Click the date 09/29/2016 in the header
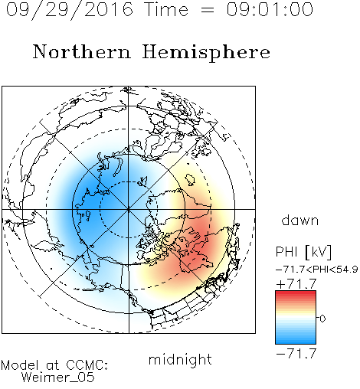(x=70, y=10)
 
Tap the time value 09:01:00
(x=270, y=9)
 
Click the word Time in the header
(x=166, y=9)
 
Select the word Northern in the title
(x=82, y=51)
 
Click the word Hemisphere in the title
(x=206, y=53)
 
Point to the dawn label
(x=300, y=220)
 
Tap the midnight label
(x=180, y=360)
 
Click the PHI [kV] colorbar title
(x=303, y=252)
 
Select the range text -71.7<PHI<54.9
(x=317, y=270)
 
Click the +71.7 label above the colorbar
(x=296, y=284)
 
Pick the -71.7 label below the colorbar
(x=296, y=353)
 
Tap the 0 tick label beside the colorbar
(x=322, y=319)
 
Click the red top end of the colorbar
(x=296, y=293)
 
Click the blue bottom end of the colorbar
(x=296, y=342)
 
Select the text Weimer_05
(x=58, y=377)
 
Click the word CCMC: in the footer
(x=87, y=365)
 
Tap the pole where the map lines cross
(x=129, y=209)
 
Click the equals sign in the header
(x=208, y=10)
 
